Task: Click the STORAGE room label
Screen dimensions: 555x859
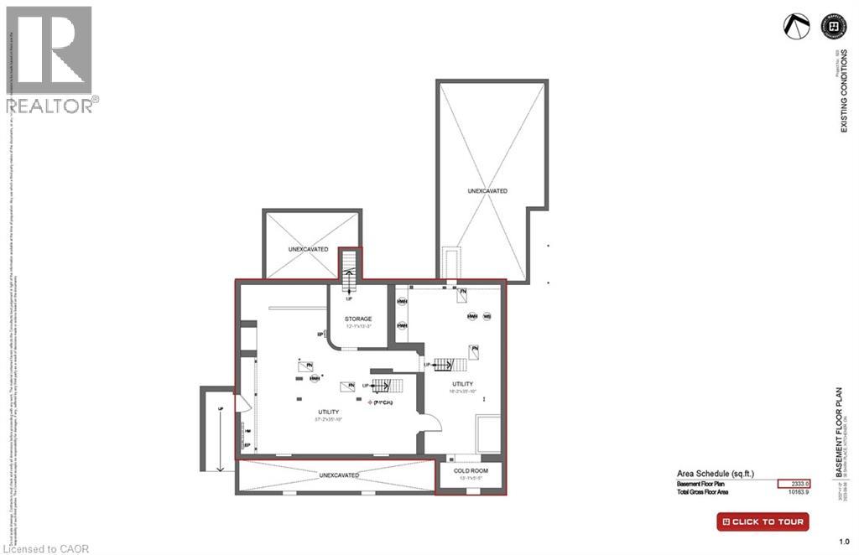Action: (x=358, y=319)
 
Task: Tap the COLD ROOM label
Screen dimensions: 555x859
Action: (x=471, y=470)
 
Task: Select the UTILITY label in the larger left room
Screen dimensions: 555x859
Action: (x=328, y=412)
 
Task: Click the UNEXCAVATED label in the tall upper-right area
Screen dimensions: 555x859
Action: (x=487, y=191)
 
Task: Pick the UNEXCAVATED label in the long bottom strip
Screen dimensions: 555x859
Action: (x=339, y=475)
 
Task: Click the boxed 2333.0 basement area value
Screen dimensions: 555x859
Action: (x=793, y=484)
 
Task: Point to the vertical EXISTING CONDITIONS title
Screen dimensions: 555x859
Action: (x=845, y=92)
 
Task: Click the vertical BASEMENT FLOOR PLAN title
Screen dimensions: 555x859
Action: (x=839, y=433)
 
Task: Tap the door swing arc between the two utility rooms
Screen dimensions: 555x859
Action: (x=429, y=417)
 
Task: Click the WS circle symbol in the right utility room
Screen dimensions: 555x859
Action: (x=486, y=316)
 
